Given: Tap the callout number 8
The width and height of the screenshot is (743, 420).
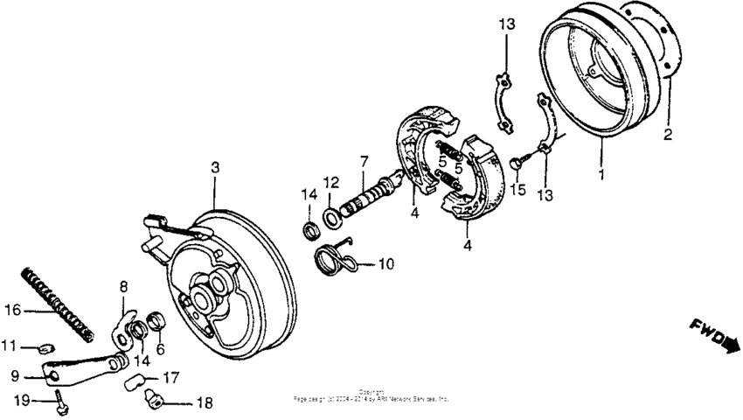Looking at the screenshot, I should (123, 286).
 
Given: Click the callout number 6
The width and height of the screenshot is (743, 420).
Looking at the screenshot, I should (159, 348).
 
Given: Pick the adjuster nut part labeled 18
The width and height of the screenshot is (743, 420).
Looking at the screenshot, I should (154, 399).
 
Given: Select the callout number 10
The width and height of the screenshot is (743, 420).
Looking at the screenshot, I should (386, 263).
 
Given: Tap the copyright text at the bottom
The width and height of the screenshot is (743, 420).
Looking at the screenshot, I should (371, 395).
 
